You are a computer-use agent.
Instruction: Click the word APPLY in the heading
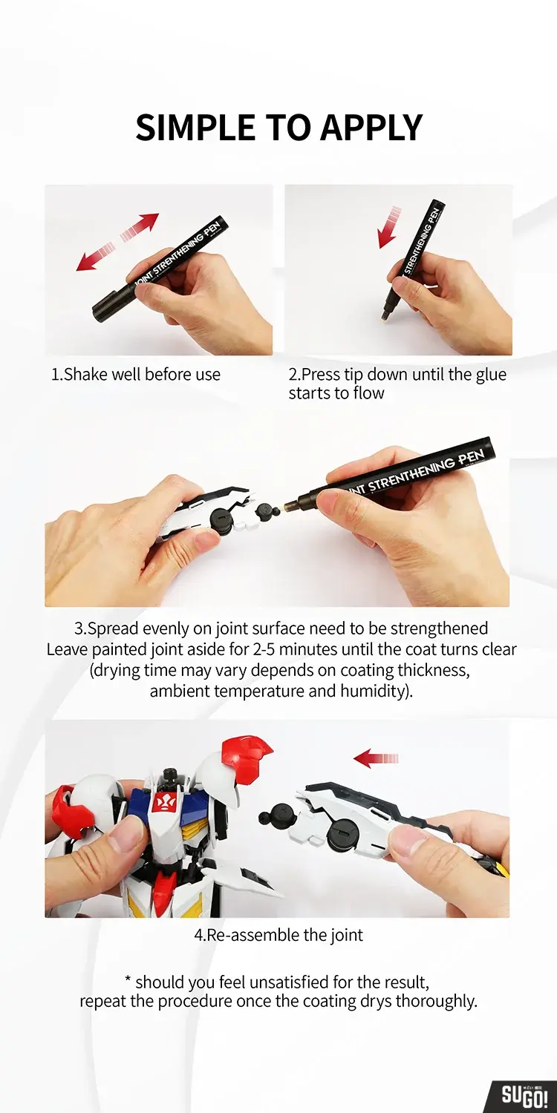(x=371, y=127)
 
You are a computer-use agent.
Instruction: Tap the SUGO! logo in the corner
(x=524, y=1096)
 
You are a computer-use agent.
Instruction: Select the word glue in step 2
(x=491, y=375)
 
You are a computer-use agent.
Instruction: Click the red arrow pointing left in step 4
(x=376, y=759)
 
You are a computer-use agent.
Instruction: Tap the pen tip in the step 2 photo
(x=385, y=314)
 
